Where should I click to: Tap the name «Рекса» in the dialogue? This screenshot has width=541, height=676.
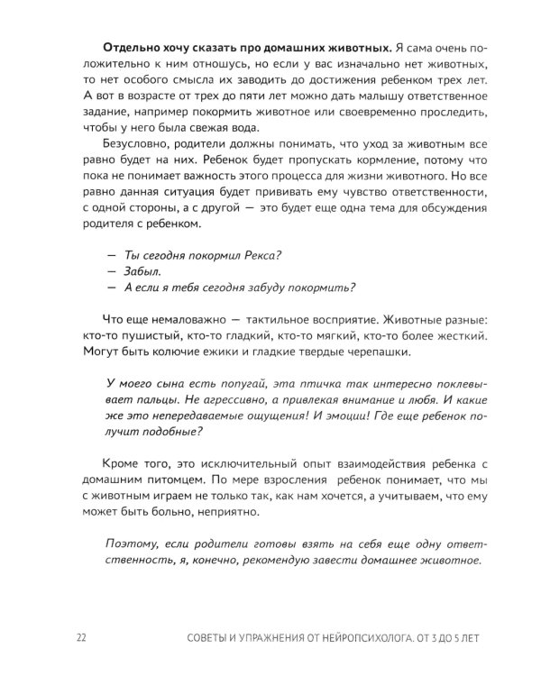point(261,255)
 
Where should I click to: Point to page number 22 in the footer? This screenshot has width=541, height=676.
point(81,639)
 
